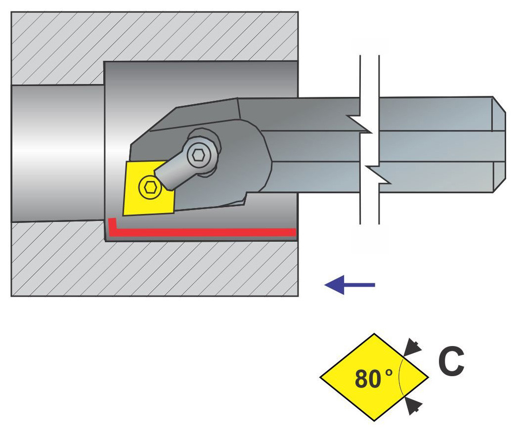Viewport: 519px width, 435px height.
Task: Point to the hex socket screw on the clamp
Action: pyautogui.click(x=199, y=155)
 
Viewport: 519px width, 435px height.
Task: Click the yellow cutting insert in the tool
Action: pyautogui.click(x=148, y=188)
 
